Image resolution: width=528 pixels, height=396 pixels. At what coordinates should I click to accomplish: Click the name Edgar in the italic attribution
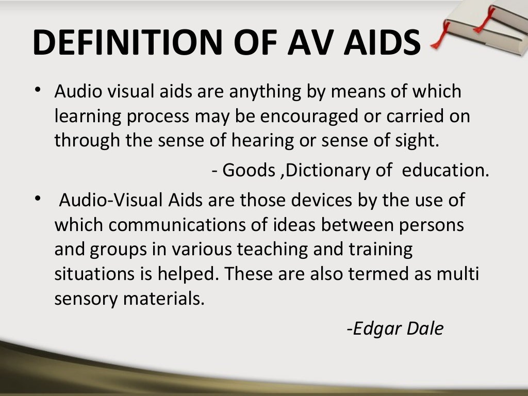375,328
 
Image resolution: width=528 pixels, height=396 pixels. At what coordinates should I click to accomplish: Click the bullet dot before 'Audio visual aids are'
38,89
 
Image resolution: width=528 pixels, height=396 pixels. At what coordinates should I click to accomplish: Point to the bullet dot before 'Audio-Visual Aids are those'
38,198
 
